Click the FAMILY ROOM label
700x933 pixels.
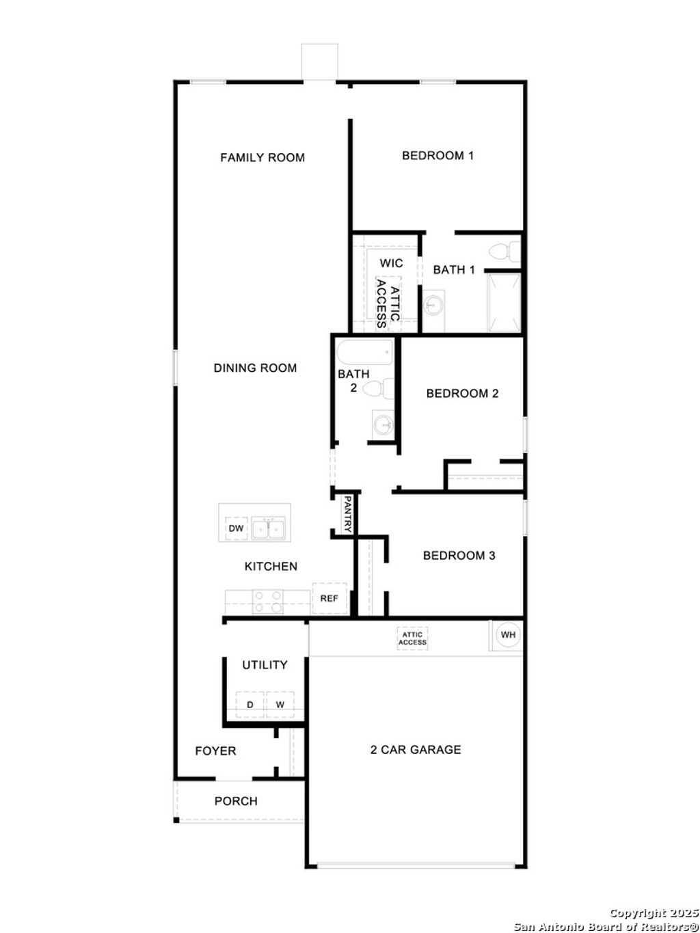[x=262, y=158]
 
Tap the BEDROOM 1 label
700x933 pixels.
[x=437, y=156]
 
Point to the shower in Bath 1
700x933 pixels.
[x=504, y=303]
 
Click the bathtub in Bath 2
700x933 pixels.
[x=365, y=353]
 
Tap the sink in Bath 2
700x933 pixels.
[x=383, y=424]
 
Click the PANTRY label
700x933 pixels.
[x=348, y=514]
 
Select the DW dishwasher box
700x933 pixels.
[x=235, y=529]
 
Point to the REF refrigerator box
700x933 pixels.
[x=329, y=599]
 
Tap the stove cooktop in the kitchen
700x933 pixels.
[x=268, y=601]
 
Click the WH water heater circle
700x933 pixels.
[x=508, y=635]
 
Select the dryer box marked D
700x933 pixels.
[x=250, y=705]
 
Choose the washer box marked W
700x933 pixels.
[x=280, y=705]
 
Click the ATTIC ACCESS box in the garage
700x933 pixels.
[x=413, y=639]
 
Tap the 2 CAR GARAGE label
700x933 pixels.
[x=416, y=750]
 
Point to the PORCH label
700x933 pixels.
[x=236, y=801]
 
